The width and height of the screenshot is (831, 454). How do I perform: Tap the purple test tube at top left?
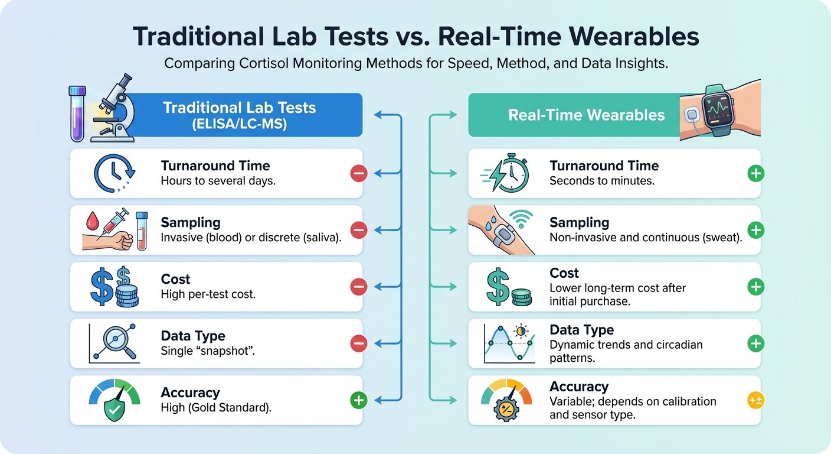click(x=77, y=113)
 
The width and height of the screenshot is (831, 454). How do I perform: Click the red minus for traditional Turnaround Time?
click(x=358, y=173)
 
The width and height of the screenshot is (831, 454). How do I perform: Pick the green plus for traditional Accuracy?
click(x=358, y=400)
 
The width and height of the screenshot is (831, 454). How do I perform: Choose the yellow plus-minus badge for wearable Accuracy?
click(x=755, y=400)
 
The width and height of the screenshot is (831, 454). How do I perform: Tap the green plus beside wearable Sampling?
click(x=755, y=230)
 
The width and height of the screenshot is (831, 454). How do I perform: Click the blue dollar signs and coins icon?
click(x=115, y=286)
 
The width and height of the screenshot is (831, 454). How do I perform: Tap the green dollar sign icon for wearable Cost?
click(x=508, y=287)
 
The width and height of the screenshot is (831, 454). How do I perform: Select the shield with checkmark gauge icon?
click(x=114, y=401)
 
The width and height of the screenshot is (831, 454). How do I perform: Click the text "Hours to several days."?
click(x=218, y=181)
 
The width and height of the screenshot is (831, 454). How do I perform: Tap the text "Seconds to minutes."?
click(x=601, y=181)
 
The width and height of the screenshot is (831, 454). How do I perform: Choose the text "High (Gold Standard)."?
click(x=216, y=408)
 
